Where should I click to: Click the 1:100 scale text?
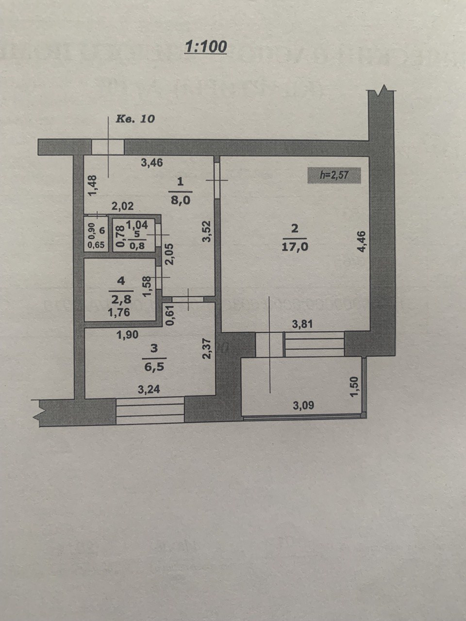pos(205,47)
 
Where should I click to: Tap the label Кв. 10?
pos(135,118)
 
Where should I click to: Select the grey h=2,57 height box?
pos(334,175)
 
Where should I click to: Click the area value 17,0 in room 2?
pos(295,247)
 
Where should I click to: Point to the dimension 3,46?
pos(151,163)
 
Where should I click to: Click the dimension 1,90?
pos(128,334)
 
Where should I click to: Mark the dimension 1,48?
pos(93,185)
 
